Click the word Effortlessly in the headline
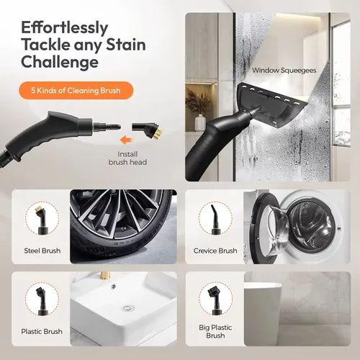65,27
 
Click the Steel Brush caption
41,251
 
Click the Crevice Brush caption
215,251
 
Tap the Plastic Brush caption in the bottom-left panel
41,331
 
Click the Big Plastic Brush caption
215,330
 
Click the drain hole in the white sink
127,307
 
